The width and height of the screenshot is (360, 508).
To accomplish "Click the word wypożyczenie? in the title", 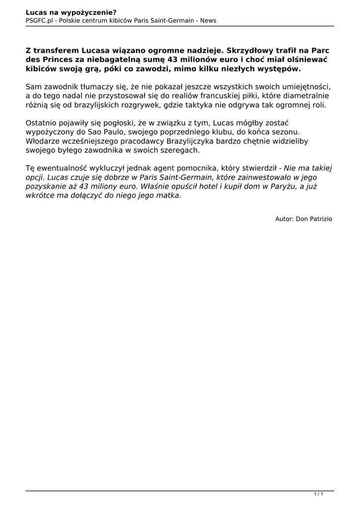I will pyautogui.click(x=91, y=12).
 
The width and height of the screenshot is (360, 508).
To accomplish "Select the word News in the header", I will pyautogui.click(x=208, y=20).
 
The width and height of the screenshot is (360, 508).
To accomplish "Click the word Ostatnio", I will pyautogui.click(x=42, y=123).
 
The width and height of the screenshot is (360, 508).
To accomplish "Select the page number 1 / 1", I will pyautogui.click(x=318, y=493).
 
